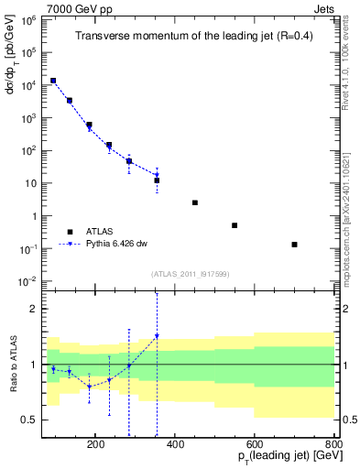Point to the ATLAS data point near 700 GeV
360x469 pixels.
[294, 245]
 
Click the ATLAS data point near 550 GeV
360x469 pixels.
[235, 225]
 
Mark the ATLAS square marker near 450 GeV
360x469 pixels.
[195, 202]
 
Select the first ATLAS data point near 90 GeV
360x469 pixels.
[53, 81]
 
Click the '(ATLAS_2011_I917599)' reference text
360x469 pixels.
[190, 274]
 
